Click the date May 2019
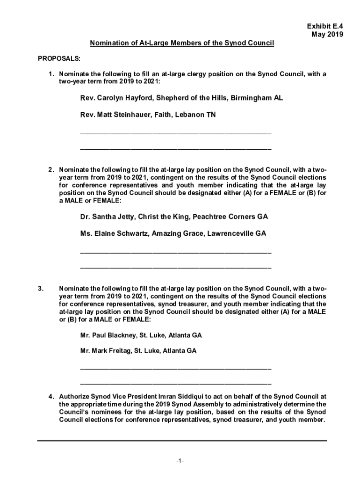point(327,35)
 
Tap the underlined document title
point(182,44)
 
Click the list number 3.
point(41,289)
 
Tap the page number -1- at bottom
point(180,461)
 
